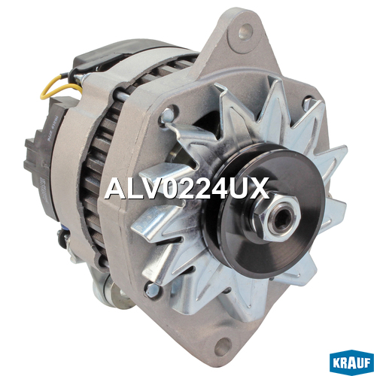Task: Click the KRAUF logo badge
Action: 351,362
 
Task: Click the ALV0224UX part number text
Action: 187,188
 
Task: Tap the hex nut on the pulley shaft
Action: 278,217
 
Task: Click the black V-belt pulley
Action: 262,211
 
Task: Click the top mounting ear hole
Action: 245,32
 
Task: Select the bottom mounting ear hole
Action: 222,346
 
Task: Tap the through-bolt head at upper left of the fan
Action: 167,116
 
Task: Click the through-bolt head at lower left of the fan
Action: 152,290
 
